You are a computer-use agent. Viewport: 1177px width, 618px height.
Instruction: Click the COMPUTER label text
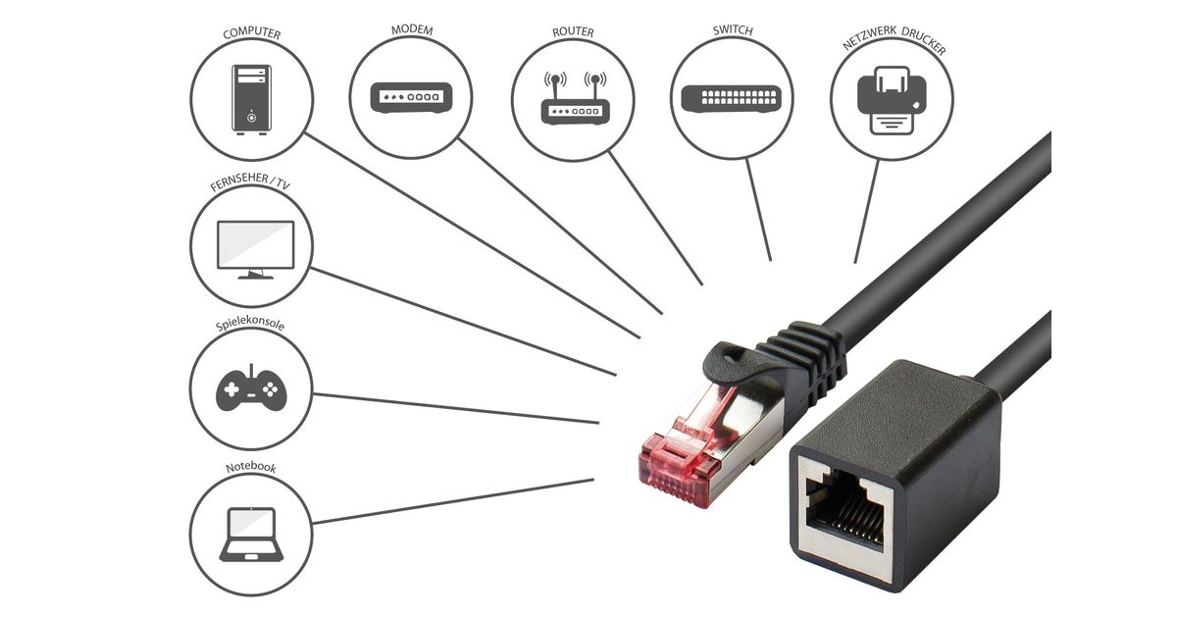pos(252,34)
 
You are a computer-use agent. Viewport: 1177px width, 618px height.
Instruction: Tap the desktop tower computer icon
pos(252,98)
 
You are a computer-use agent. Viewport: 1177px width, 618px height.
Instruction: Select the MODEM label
pos(412,29)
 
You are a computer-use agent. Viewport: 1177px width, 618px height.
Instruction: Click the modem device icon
pos(411,97)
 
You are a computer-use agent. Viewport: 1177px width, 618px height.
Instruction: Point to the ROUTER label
pos(573,32)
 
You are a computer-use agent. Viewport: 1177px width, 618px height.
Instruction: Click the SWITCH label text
pos(733,30)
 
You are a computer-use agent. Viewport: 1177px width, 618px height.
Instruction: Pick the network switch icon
pos(733,98)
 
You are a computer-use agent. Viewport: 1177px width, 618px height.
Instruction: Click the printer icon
pos(892,98)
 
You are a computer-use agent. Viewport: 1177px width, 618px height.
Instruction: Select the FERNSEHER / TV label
pos(251,183)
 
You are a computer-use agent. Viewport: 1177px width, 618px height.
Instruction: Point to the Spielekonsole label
pos(250,325)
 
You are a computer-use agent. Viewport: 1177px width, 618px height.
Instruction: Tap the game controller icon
pos(250,390)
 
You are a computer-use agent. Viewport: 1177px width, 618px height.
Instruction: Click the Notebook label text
pos(250,468)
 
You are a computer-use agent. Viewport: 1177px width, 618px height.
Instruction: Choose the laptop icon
pos(251,534)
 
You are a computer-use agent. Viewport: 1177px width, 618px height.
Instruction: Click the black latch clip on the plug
pos(736,363)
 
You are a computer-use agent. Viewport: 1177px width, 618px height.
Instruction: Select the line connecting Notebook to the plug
pos(451,501)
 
